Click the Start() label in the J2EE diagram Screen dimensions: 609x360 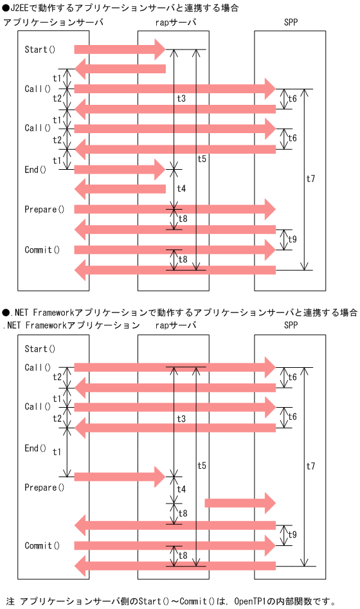coord(40,49)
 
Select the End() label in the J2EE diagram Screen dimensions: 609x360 coord(35,170)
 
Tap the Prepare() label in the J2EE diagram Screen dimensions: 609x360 coord(44,209)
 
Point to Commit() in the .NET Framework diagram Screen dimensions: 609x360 coord(42,545)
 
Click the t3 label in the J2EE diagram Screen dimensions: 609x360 coord(181,98)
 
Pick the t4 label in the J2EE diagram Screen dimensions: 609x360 coord(181,188)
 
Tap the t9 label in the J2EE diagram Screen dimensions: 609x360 coord(292,239)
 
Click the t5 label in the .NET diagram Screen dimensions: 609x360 coord(202,465)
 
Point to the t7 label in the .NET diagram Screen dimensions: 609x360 coord(310,465)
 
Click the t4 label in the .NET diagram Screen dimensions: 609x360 coord(181,489)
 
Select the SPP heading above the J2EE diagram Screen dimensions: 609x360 coord(291,23)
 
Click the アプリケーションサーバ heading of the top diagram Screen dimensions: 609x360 coord(53,23)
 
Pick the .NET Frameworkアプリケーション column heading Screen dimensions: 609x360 coord(71,325)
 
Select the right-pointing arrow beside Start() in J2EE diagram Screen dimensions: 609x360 coord(120,49)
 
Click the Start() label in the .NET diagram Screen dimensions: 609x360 coord(40,349)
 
